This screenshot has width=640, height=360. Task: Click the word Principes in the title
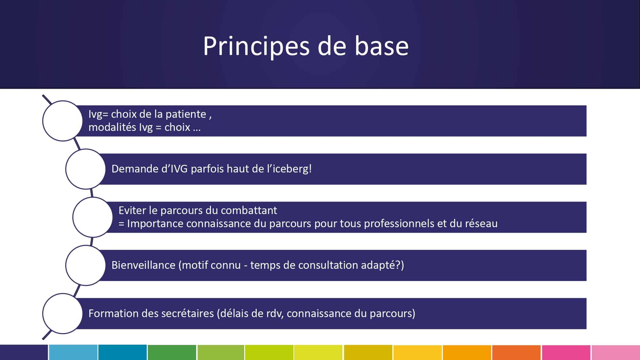(256, 46)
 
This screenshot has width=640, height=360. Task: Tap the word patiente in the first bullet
(186, 114)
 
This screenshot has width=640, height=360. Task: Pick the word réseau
(481, 223)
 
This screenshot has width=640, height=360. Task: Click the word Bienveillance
(143, 265)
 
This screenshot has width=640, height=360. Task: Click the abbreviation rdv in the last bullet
(275, 313)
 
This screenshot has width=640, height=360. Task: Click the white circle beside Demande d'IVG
(85, 169)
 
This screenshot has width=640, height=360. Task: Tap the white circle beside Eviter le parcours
(92, 217)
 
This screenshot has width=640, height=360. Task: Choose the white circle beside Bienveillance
(85, 265)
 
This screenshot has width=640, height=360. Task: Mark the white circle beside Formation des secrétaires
(62, 314)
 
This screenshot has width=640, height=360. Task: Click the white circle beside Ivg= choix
(62, 121)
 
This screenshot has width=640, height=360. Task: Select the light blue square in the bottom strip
(73, 352)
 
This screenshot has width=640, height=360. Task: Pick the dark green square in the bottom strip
(172, 352)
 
